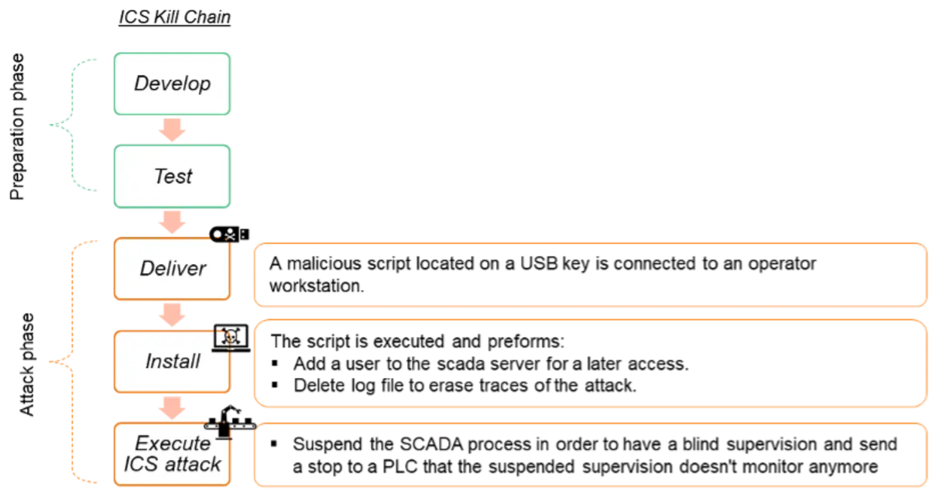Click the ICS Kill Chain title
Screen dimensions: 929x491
point(175,18)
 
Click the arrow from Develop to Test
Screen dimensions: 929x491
point(172,130)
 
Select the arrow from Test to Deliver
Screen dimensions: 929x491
point(172,222)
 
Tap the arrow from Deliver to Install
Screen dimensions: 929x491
point(172,314)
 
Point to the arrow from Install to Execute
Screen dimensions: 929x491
point(172,407)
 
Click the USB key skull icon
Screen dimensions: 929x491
point(229,235)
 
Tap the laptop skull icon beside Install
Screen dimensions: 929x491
point(231,338)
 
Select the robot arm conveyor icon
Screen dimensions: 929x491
point(230,421)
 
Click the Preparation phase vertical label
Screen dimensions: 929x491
point(17,126)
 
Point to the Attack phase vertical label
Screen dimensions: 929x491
point(26,365)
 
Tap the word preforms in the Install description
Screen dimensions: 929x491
point(526,342)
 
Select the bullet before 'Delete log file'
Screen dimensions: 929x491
point(275,385)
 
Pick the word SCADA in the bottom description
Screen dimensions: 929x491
point(431,444)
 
